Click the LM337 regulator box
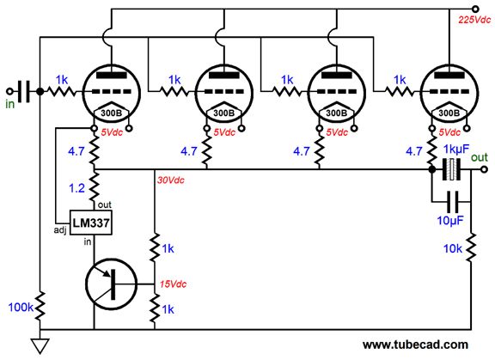pyautogui.click(x=91, y=223)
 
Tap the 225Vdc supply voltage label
pyautogui.click(x=474, y=21)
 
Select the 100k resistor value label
pyautogui.click(x=21, y=308)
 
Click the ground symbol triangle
pyautogui.click(x=40, y=345)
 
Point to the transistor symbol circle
pyautogui.click(x=112, y=284)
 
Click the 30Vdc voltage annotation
pyautogui.click(x=171, y=180)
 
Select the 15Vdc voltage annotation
pyautogui.click(x=173, y=284)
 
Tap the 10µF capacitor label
pyautogui.click(x=450, y=221)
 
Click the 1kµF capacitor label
pyautogui.click(x=456, y=149)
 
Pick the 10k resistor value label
pyautogui.click(x=453, y=249)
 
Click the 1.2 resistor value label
pyautogui.click(x=76, y=188)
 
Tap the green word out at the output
pyautogui.click(x=480, y=157)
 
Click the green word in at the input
pyautogui.click(x=9, y=104)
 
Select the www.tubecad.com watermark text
pyautogui.click(x=415, y=345)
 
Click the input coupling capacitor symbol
pyautogui.click(x=24, y=91)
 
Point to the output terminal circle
pyautogui.click(x=484, y=170)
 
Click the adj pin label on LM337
pyautogui.click(x=60, y=230)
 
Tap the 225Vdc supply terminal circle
pyautogui.click(x=475, y=9)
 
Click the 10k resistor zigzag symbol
pyautogui.click(x=471, y=247)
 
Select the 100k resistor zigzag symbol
pyautogui.click(x=40, y=307)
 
